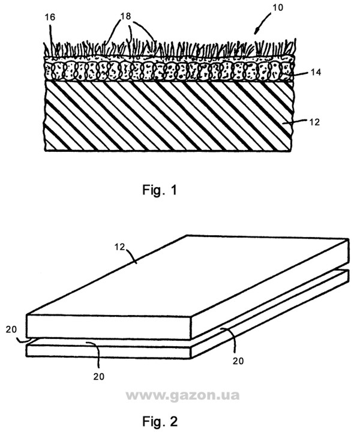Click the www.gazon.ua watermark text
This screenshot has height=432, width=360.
point(181,395)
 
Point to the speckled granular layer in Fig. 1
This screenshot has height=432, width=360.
point(168,71)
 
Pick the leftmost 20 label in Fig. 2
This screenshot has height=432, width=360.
point(11,329)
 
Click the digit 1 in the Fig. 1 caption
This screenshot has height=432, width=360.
point(173,191)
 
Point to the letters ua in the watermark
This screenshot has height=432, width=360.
point(232,395)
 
